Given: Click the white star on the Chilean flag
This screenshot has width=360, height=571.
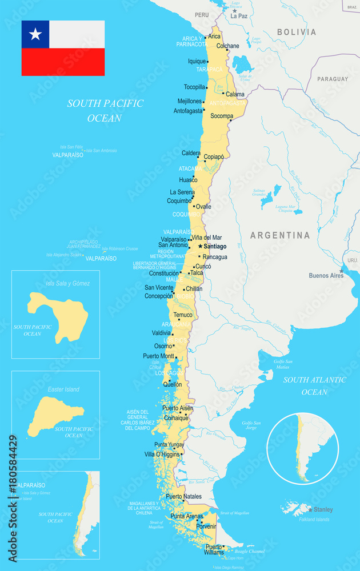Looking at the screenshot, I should [x=35, y=34].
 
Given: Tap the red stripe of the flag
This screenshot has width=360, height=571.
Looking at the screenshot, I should [x=63, y=62].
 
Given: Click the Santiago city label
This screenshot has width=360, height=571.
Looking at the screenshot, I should [x=215, y=247].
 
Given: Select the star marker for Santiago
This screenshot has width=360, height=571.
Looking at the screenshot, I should [x=200, y=246].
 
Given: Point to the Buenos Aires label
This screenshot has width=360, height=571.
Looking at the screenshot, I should [x=326, y=275].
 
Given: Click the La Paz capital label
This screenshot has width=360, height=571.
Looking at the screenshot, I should [x=239, y=17].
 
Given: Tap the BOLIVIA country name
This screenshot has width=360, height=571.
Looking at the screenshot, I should [x=297, y=33].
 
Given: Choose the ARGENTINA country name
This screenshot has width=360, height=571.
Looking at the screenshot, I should [x=280, y=235].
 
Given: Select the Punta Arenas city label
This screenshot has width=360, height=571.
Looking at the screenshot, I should [x=186, y=516].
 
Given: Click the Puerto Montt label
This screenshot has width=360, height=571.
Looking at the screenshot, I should [x=158, y=356].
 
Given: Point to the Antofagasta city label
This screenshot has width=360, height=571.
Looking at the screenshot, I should [x=188, y=111].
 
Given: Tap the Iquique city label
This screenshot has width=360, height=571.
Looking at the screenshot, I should [x=197, y=61].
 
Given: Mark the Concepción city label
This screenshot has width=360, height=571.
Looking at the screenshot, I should [x=158, y=296].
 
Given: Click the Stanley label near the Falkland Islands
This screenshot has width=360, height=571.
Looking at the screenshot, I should [x=323, y=509].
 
